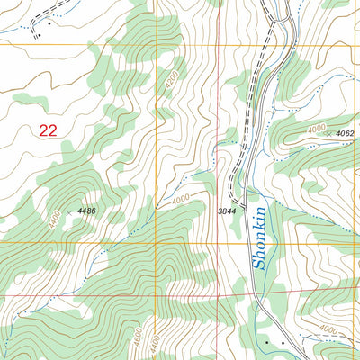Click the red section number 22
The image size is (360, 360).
pos(49,130)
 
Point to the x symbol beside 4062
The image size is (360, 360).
pos(329,132)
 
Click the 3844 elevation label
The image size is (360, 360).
pos(227,211)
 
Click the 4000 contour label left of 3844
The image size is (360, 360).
pos(181,199)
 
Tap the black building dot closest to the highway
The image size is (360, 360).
pos(267,343)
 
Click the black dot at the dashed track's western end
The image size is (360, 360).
pos(39,36)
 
